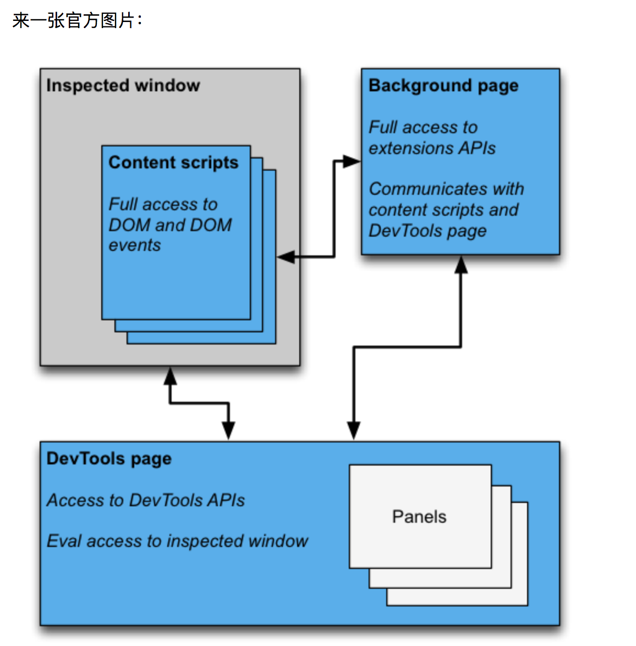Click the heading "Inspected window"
123,85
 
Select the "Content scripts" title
173,162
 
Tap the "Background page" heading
443,85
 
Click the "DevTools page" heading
109,458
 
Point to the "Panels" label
419,517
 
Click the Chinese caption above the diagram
77,20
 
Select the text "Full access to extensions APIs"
431,138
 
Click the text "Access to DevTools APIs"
146,500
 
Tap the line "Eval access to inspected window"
177,541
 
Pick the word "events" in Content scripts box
135,245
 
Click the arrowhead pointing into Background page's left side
351,162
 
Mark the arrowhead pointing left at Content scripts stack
286,256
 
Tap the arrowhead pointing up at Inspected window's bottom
170,376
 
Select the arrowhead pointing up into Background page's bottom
461,265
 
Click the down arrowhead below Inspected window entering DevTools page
228,430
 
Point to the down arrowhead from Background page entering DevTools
354,430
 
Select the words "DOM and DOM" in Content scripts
170,225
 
